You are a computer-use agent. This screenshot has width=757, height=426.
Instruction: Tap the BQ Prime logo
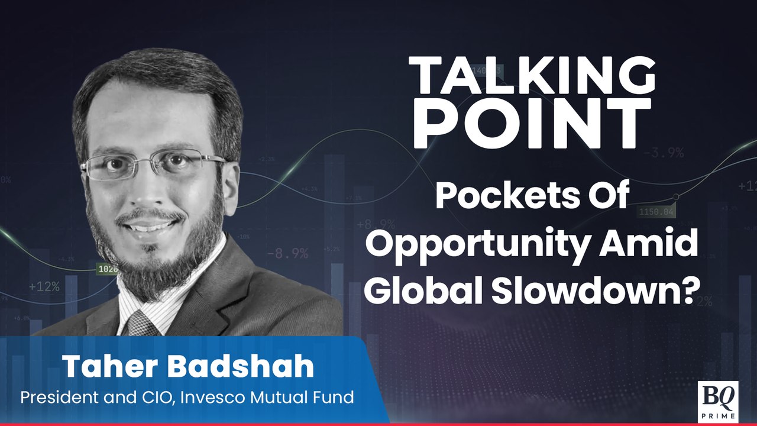tap(717, 400)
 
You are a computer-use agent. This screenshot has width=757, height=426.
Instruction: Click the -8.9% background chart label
tap(287, 253)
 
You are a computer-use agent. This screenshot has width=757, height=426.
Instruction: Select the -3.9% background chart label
tap(663, 152)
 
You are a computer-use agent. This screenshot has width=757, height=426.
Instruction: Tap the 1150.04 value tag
tap(656, 211)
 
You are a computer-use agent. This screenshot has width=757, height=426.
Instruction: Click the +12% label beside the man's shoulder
tap(44, 286)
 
